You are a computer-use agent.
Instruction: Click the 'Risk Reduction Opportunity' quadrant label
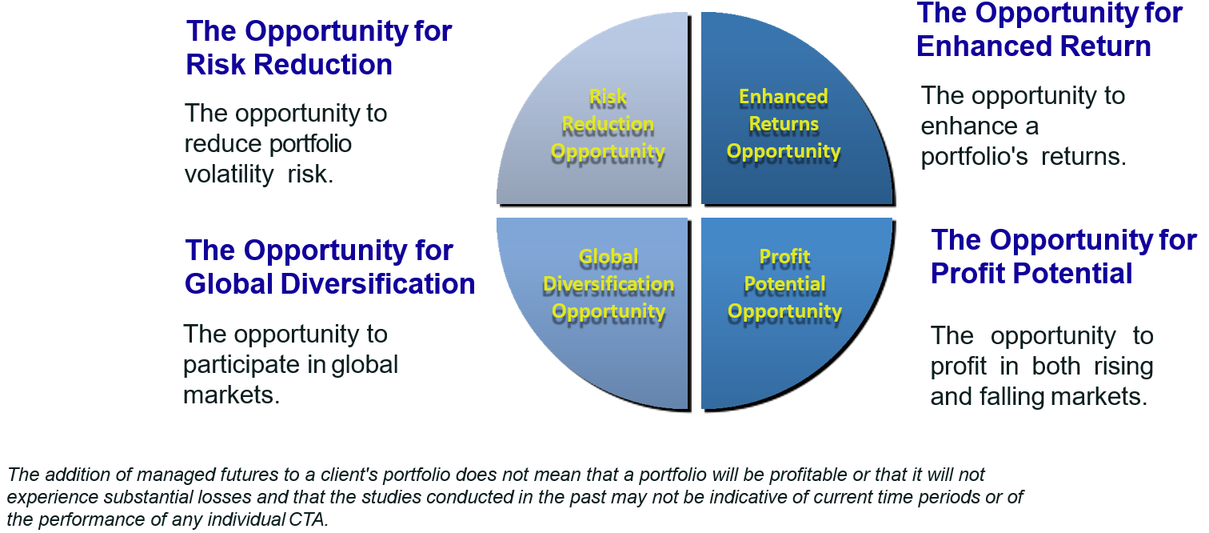(x=608, y=125)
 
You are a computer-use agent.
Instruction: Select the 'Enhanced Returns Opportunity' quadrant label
(x=784, y=124)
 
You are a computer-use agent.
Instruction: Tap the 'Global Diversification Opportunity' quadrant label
(x=608, y=285)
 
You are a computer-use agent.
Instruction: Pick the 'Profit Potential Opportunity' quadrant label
(x=784, y=285)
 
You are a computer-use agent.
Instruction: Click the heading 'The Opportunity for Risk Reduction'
(x=318, y=47)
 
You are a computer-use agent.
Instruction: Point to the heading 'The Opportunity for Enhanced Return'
(x=1049, y=30)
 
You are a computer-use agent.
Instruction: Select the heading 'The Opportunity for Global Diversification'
(x=329, y=267)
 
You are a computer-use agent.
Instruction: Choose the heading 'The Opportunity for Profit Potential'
(x=1063, y=257)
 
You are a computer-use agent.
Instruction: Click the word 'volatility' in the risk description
(x=229, y=174)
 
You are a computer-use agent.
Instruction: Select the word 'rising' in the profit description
(x=1123, y=367)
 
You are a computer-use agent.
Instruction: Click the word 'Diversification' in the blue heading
(x=377, y=284)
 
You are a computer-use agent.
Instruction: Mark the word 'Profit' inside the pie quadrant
(x=784, y=257)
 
